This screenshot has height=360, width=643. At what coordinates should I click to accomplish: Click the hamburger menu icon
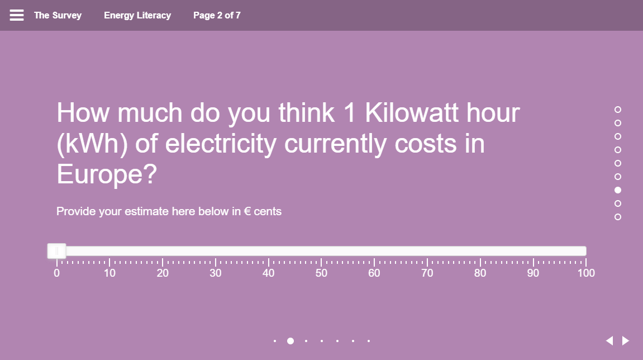(17, 15)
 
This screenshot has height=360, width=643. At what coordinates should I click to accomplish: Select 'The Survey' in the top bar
(58, 15)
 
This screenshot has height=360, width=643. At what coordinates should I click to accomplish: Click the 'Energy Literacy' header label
(137, 15)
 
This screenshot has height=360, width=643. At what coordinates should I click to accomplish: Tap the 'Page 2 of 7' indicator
(217, 15)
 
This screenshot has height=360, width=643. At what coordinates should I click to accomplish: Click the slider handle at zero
(56, 251)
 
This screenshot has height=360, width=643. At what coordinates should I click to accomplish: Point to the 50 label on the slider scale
(321, 273)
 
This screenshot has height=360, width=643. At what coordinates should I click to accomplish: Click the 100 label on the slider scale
(586, 273)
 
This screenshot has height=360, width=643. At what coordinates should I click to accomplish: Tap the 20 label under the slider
(163, 273)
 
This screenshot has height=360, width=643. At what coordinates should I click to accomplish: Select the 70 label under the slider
(427, 273)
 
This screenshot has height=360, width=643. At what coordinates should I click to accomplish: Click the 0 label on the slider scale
(56, 273)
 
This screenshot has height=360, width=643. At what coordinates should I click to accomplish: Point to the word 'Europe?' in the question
(107, 174)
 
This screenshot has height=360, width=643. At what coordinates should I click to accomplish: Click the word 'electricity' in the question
(221, 144)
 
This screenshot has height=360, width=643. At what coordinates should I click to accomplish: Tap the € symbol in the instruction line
(247, 211)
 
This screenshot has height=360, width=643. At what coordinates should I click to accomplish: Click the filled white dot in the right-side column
(618, 190)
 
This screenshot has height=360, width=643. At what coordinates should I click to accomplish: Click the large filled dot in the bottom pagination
(290, 340)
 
